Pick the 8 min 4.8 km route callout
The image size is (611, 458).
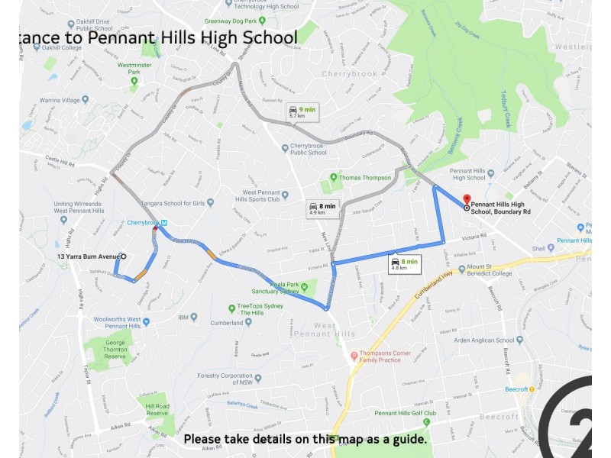(404, 264)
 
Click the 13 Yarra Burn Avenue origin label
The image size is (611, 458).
(90, 256)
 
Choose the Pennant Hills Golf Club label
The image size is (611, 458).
(405, 413)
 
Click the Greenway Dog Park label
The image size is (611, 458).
(228, 21)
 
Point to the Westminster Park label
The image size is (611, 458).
(134, 69)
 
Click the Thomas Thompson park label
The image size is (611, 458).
(365, 178)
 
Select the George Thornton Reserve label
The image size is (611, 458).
(120, 349)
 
